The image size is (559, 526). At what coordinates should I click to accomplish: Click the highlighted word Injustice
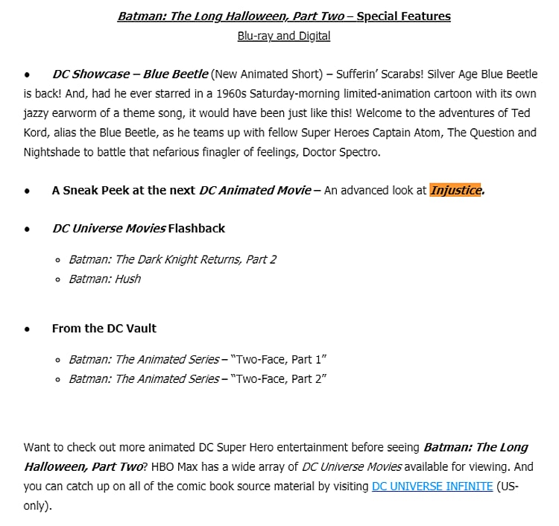pos(455,190)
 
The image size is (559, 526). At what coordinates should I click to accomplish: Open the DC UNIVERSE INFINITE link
pos(432,486)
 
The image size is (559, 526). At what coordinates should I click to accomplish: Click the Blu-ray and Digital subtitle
pos(283,36)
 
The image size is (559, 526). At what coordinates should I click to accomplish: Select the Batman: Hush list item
pos(104,279)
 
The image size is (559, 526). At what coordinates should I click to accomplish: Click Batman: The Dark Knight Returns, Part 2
pos(172,259)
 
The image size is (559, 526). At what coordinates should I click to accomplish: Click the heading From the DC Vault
pos(104,328)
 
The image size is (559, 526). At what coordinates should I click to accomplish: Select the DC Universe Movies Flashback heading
pos(138,228)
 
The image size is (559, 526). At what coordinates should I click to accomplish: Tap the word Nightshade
pos(51,152)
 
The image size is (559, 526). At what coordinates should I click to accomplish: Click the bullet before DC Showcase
pos(27,75)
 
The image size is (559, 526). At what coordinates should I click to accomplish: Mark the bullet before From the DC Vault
pos(27,328)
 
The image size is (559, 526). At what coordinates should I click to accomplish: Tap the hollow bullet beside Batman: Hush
pos(58,279)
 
